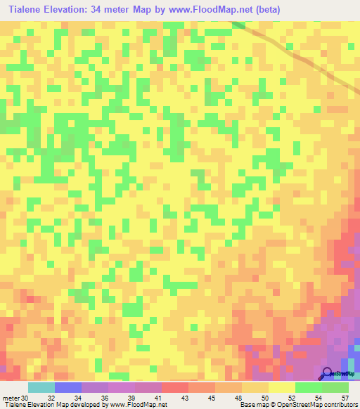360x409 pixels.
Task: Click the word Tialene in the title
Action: pyautogui.click(x=28, y=10)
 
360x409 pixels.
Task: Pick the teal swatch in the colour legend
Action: pyautogui.click(x=41, y=387)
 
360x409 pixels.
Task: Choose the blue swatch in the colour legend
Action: pyautogui.click(x=67, y=387)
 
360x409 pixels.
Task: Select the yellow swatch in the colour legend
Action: pyautogui.click(x=281, y=387)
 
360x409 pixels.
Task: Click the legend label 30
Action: pyautogui.click(x=26, y=398)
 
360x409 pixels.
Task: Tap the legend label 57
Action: pyautogui.click(x=345, y=398)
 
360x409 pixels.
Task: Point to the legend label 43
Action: pyautogui.click(x=185, y=398)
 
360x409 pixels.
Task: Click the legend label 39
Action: pyautogui.click(x=131, y=398)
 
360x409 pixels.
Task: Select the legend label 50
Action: pyautogui.click(x=264, y=398)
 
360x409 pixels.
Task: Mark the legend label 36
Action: pyautogui.click(x=105, y=398)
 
